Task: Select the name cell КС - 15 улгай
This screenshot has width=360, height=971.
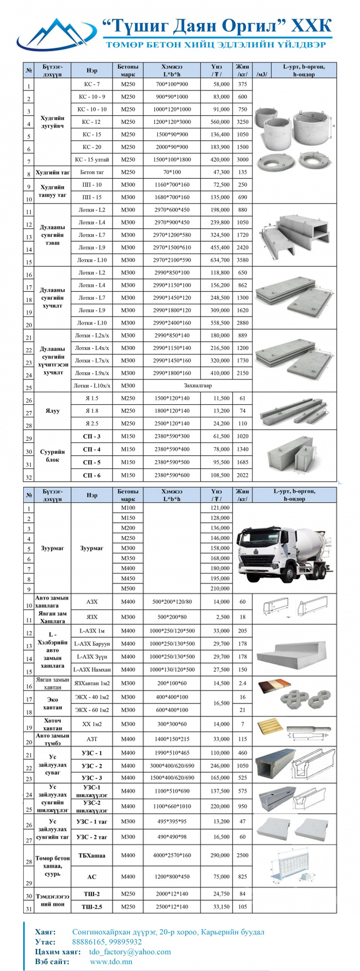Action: tap(91, 160)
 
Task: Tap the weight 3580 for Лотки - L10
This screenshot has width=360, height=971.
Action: tap(242, 261)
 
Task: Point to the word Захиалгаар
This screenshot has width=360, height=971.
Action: tap(198, 386)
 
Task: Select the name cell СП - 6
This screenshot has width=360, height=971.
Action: tap(91, 476)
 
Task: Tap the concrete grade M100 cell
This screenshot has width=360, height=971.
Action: tap(128, 508)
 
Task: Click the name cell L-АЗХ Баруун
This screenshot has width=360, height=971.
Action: tap(91, 644)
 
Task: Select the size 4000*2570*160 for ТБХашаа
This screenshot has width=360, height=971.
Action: tap(172, 855)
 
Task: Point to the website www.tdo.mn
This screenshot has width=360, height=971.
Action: tap(111, 961)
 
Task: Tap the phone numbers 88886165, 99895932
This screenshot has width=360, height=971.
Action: tap(107, 942)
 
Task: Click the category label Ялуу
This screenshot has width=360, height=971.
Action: tap(52, 411)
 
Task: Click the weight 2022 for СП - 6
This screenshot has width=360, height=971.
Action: tap(242, 476)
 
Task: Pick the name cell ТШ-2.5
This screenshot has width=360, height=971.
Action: tap(91, 907)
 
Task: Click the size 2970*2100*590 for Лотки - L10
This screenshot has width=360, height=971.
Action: tap(172, 261)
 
